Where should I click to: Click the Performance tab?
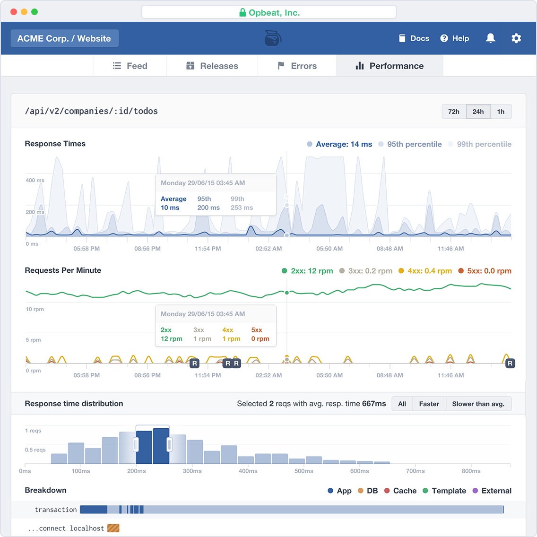click(390, 66)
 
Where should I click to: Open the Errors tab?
click(297, 66)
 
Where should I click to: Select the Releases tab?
click(212, 66)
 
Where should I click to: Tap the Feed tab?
click(130, 66)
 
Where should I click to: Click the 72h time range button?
click(454, 112)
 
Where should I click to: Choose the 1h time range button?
click(501, 112)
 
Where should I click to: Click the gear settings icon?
click(516, 38)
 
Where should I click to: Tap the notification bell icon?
click(491, 38)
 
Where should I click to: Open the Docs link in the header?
click(414, 38)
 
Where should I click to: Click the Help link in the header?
click(455, 38)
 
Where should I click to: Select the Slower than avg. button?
click(478, 404)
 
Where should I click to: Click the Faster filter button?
click(429, 404)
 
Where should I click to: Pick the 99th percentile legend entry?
click(480, 144)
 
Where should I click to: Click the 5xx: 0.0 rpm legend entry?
click(485, 271)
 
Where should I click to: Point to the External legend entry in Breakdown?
click(492, 491)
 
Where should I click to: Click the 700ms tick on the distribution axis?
click(416, 471)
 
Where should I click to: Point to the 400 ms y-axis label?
click(35, 180)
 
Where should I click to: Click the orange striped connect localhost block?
click(113, 528)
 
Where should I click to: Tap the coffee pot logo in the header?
click(273, 38)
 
